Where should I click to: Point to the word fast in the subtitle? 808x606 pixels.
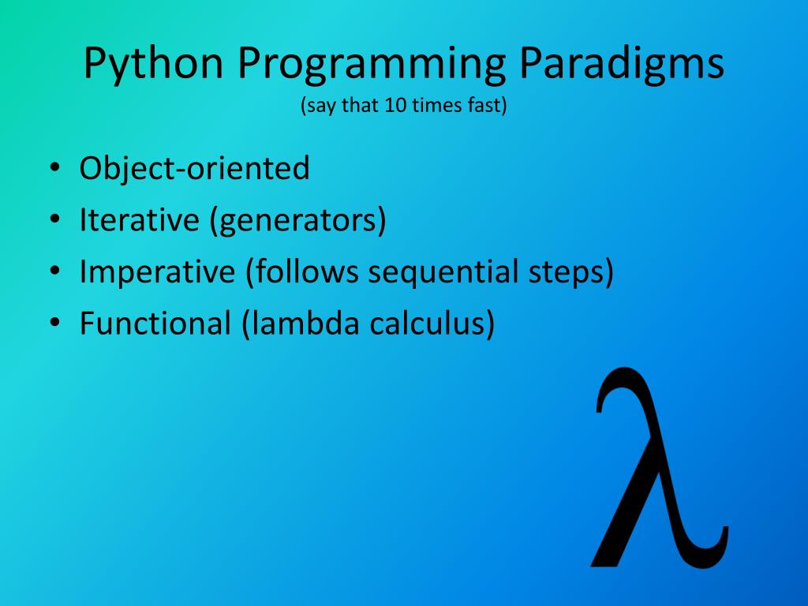click(484, 105)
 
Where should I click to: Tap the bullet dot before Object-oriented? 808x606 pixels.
click(54, 168)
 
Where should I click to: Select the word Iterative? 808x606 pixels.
click(139, 219)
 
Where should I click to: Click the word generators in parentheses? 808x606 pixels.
click(297, 220)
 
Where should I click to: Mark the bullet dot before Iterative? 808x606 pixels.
click(54, 219)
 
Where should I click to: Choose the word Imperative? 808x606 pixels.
click(157, 271)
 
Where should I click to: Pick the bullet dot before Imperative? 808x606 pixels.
click(54, 271)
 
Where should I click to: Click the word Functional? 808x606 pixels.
click(155, 323)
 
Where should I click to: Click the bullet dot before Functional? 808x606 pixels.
click(54, 323)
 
